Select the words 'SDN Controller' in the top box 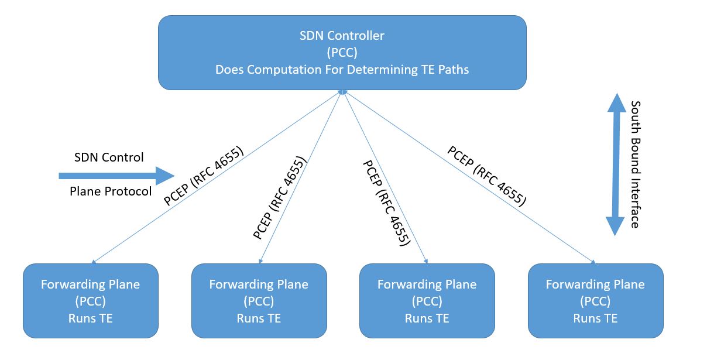(342, 36)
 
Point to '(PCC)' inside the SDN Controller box (342, 53)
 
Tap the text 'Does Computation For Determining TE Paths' (342, 70)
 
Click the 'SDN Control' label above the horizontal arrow (109, 157)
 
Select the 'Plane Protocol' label (111, 191)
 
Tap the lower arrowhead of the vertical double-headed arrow (616, 225)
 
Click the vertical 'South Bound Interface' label (635, 164)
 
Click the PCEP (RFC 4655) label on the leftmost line (204, 176)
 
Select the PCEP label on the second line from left (280, 198)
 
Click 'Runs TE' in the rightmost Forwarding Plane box (595, 318)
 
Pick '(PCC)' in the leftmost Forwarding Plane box (90, 301)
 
